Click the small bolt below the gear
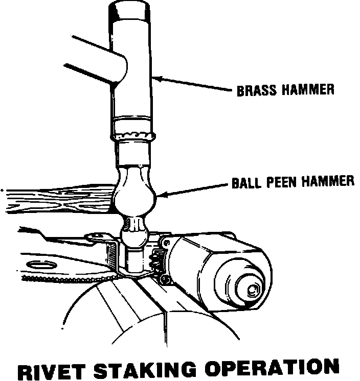pos(164,279)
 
